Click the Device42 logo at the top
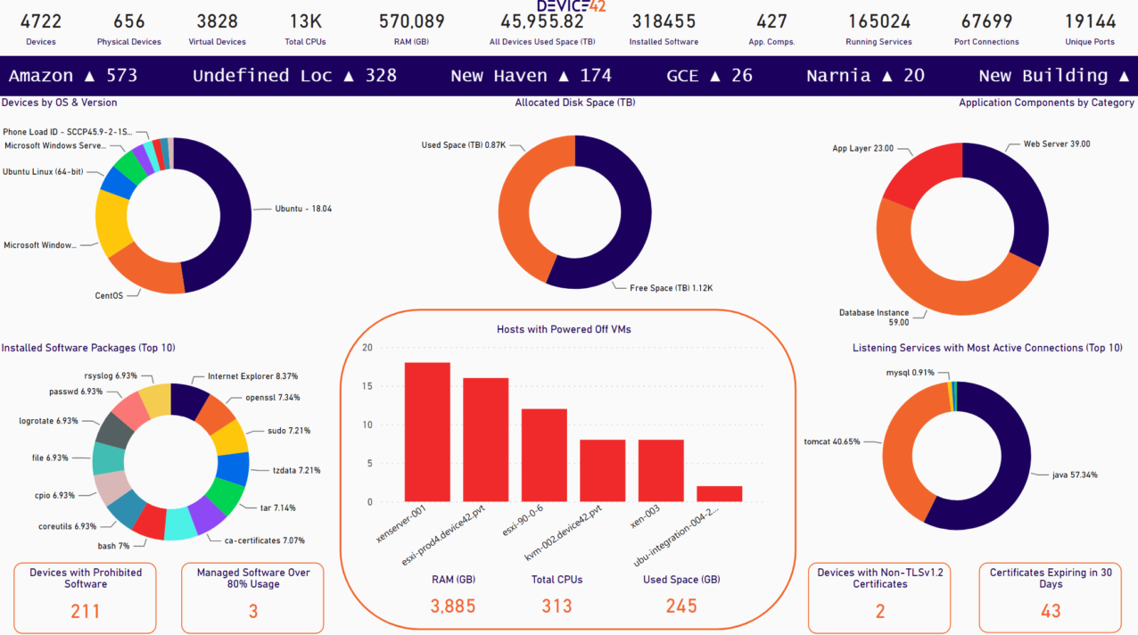pyautogui.click(x=571, y=5)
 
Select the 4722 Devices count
pyautogui.click(x=41, y=21)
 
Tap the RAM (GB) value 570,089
pyautogui.click(x=411, y=21)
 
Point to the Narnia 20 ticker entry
pyautogui.click(x=865, y=76)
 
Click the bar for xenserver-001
pyautogui.click(x=427, y=432)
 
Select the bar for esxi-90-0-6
pyautogui.click(x=544, y=455)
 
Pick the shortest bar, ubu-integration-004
pyautogui.click(x=719, y=493)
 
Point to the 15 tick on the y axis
pyautogui.click(x=367, y=386)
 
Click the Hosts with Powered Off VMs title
pyautogui.click(x=564, y=329)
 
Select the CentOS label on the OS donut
pyautogui.click(x=109, y=295)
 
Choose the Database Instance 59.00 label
pyautogui.click(x=873, y=317)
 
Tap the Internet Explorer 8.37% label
pyautogui.click(x=252, y=377)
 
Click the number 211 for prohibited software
pyautogui.click(x=86, y=611)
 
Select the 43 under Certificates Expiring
pyautogui.click(x=1051, y=611)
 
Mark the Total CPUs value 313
pyautogui.click(x=557, y=606)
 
